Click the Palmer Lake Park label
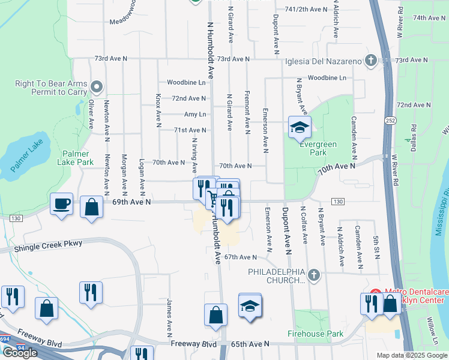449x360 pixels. pos(76,158)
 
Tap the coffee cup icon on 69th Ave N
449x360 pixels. pos(62,204)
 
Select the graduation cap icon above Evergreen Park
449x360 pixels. pos(300,127)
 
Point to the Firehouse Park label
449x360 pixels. pos(315,334)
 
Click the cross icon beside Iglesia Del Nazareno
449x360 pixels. pos(371,61)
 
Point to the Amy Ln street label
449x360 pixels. pos(195,114)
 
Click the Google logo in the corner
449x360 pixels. pos(20,353)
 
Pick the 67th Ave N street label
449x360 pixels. pos(240,257)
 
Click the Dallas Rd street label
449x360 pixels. pos(414,137)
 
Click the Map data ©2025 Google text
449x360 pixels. pos(412,355)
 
